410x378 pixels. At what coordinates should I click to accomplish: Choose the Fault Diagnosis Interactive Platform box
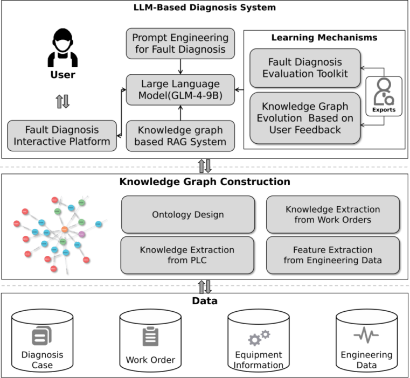point(62,136)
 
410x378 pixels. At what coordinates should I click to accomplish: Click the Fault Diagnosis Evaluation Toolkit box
point(305,68)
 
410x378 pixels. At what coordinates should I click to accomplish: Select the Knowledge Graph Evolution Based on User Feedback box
point(305,118)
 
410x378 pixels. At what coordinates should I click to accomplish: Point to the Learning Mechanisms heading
point(324,38)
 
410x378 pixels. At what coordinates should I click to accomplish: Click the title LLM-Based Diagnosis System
point(205,8)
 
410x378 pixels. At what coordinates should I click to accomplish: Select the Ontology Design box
point(187,214)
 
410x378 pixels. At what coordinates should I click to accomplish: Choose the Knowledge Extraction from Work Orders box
point(332,214)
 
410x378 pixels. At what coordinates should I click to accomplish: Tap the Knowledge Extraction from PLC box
point(187,255)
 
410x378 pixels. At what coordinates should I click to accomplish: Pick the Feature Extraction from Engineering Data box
point(332,255)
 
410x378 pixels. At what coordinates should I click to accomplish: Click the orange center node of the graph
point(64,229)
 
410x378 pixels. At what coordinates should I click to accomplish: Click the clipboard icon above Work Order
point(151,337)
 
